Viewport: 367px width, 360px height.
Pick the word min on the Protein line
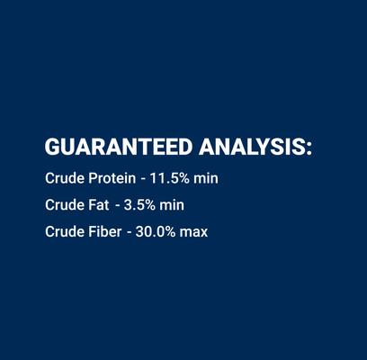point(206,178)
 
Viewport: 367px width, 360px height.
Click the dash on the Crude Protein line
point(142,179)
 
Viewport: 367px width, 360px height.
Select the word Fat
point(98,205)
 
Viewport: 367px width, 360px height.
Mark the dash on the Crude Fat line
point(118,206)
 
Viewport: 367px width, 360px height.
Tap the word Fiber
point(104,232)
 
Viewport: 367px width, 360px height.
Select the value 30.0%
point(156,232)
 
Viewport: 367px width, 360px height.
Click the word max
point(194,232)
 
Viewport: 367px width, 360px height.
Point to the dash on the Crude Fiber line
point(129,233)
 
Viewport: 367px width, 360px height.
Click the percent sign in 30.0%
point(170,232)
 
